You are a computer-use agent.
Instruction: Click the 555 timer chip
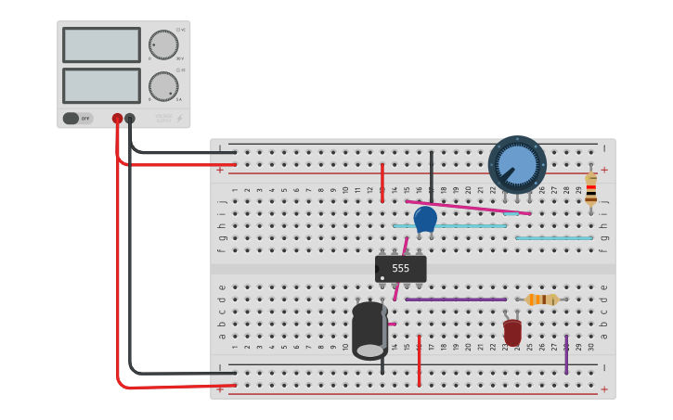(400, 269)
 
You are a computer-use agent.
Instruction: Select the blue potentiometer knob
(517, 164)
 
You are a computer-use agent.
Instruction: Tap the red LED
(512, 331)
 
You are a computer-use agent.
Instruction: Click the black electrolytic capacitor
(369, 330)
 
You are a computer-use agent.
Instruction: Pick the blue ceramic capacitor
(425, 219)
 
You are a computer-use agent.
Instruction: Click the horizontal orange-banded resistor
(542, 299)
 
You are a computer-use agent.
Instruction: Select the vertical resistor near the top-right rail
(590, 189)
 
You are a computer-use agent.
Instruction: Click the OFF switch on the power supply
(78, 119)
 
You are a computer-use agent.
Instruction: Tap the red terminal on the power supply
(117, 119)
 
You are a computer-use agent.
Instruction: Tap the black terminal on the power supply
(130, 119)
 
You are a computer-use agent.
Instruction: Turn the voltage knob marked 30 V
(163, 45)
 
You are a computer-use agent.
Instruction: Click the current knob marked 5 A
(163, 86)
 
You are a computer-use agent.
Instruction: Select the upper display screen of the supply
(101, 45)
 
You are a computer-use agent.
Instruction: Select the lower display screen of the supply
(101, 85)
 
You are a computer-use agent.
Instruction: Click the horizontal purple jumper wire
(455, 299)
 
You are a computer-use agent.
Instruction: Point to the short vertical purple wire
(566, 354)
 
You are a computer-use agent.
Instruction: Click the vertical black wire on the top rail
(431, 172)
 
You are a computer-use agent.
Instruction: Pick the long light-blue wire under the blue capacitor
(450, 225)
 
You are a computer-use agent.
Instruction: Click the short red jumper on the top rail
(382, 182)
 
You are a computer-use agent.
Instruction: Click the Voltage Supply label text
(163, 117)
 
